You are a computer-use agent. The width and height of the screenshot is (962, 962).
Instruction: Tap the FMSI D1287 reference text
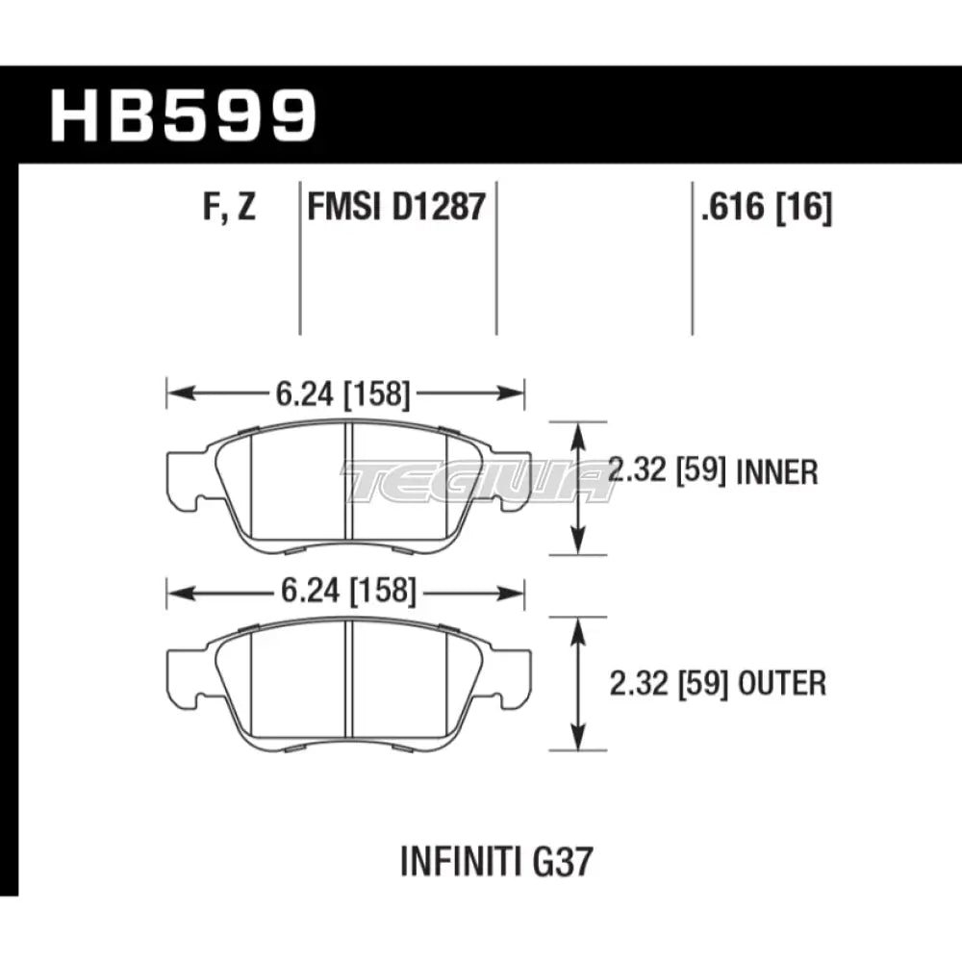point(394,207)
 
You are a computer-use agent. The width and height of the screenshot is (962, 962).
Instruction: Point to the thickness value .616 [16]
point(767,207)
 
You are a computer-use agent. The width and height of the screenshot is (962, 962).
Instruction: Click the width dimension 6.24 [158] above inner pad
point(344,392)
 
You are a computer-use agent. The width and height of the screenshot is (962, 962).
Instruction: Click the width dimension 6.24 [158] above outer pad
point(344,594)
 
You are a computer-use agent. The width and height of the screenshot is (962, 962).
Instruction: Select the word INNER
point(778,471)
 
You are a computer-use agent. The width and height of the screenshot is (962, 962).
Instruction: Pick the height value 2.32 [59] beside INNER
point(667,471)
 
